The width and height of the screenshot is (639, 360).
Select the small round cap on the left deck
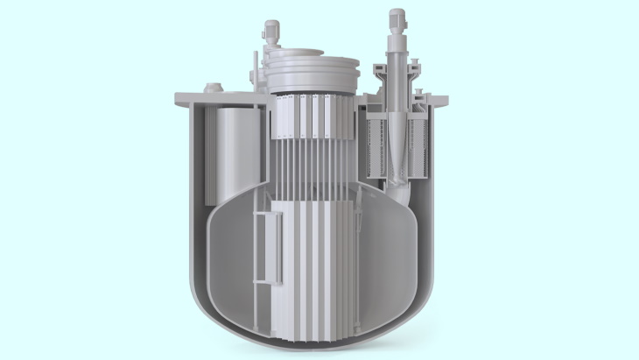point(211,87)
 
